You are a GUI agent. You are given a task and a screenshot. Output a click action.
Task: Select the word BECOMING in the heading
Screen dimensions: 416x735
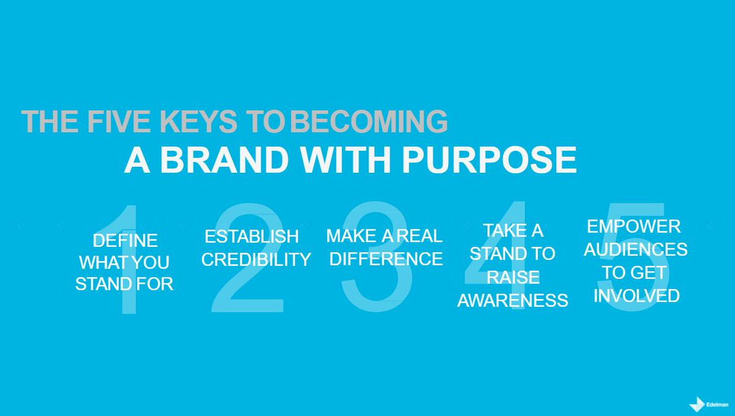coord(369,122)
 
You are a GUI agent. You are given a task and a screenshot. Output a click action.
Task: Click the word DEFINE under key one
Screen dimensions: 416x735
coord(125,240)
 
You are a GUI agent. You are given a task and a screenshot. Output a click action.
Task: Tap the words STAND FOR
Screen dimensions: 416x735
coord(124,284)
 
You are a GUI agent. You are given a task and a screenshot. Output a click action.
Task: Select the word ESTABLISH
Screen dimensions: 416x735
coord(252,236)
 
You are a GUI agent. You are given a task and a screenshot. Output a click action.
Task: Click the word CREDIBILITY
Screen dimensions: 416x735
coord(256,259)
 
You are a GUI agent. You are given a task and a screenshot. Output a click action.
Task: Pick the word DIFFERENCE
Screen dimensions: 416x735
coord(386,259)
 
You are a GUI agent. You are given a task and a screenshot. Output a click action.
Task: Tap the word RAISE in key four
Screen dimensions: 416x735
coord(513,277)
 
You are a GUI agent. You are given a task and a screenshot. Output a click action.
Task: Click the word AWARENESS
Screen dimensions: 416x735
coord(513,300)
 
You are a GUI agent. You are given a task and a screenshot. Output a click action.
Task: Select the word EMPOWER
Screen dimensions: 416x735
coord(634,227)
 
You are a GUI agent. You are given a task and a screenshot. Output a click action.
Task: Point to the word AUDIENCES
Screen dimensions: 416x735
coord(635,250)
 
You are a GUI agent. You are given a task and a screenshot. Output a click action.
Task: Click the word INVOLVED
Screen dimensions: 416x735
coord(636,296)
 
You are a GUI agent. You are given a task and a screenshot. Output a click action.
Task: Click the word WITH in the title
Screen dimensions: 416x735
coord(347,161)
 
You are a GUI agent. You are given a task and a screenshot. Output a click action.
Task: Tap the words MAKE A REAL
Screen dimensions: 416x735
coord(384,236)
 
